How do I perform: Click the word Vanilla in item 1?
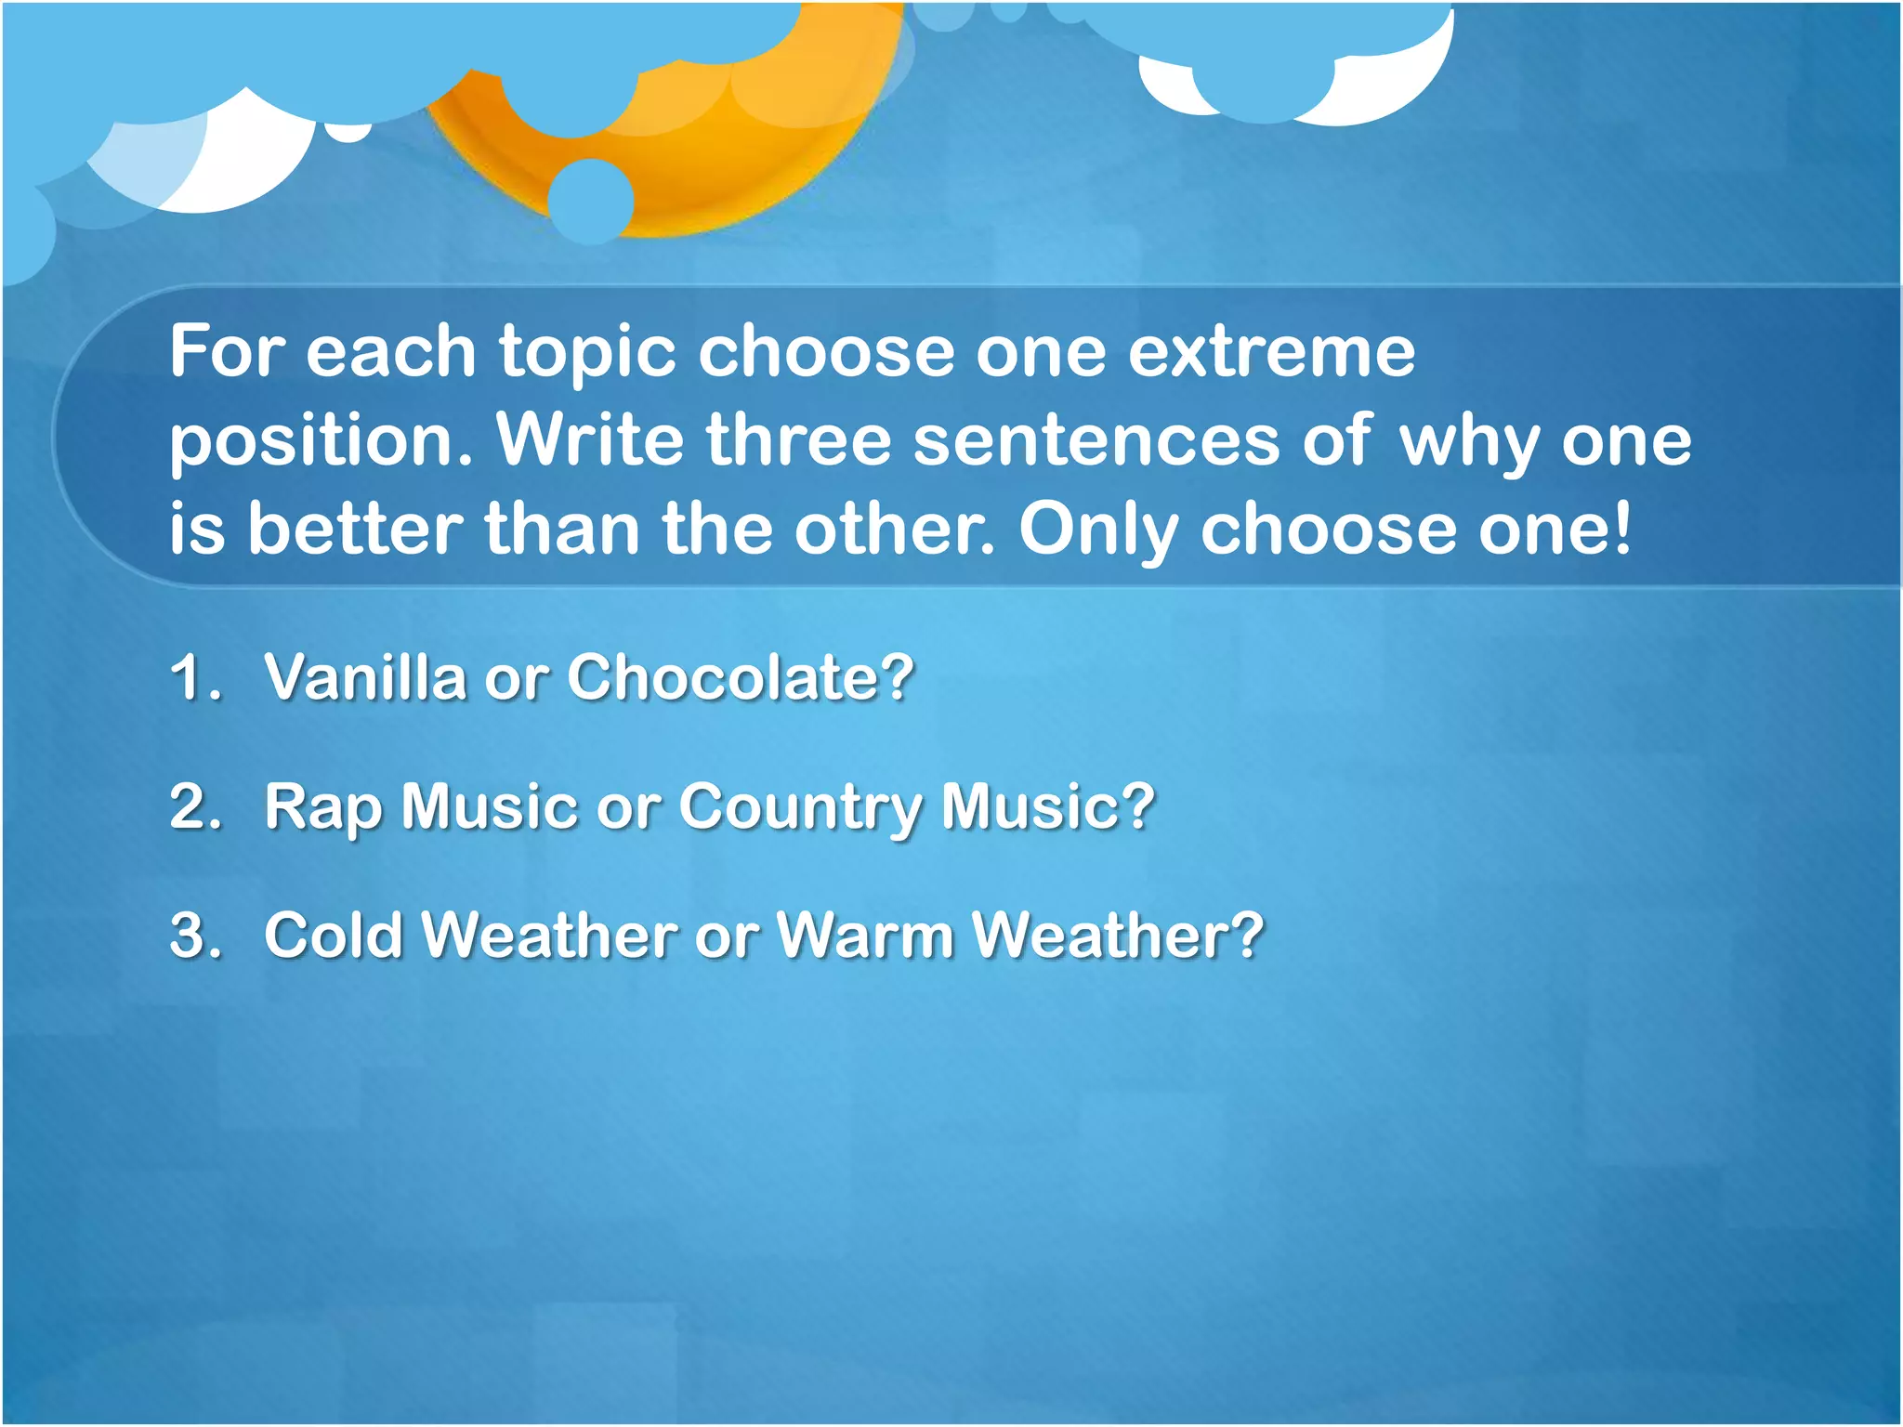click(x=364, y=676)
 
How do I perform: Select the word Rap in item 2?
click(x=322, y=806)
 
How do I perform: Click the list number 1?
click(x=194, y=676)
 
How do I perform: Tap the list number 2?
click(x=194, y=806)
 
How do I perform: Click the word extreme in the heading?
click(x=1271, y=352)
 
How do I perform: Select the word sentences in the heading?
click(x=1096, y=439)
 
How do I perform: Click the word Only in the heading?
click(x=1096, y=529)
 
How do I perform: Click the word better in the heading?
click(x=355, y=529)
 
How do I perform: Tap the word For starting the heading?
click(x=226, y=352)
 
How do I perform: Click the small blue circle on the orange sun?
click(x=591, y=201)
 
